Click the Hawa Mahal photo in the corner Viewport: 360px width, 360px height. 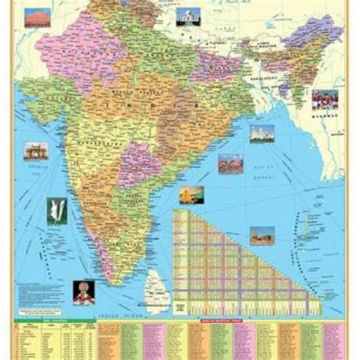pos(38,17)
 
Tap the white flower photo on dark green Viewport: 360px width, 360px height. pos(55,210)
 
